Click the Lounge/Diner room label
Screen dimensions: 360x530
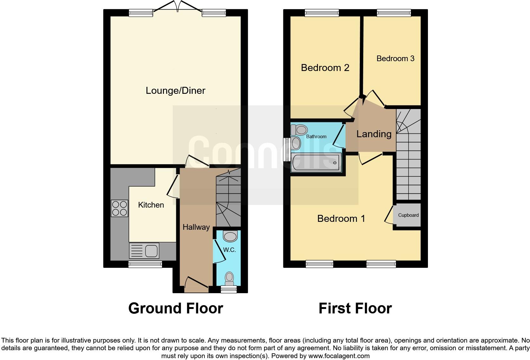pyautogui.click(x=175, y=91)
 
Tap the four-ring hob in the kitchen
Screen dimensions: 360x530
pyautogui.click(x=120, y=208)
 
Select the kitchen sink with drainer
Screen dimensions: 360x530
pyautogui.click(x=144, y=251)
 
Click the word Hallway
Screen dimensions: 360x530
pyautogui.click(x=196, y=227)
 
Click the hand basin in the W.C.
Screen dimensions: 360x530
pyautogui.click(x=230, y=236)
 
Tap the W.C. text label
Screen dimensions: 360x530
pyautogui.click(x=229, y=250)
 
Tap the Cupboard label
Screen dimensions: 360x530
pyautogui.click(x=408, y=215)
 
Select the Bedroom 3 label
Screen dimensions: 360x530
pyautogui.click(x=395, y=59)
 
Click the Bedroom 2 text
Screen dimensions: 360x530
pyautogui.click(x=325, y=68)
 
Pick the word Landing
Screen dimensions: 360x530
pyautogui.click(x=374, y=134)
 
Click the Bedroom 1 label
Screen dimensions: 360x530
pyautogui.click(x=341, y=218)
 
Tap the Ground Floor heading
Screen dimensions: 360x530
pyautogui.click(x=176, y=308)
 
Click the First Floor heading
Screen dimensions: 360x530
pyautogui.click(x=355, y=308)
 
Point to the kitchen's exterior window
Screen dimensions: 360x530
pyautogui.click(x=145, y=264)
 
